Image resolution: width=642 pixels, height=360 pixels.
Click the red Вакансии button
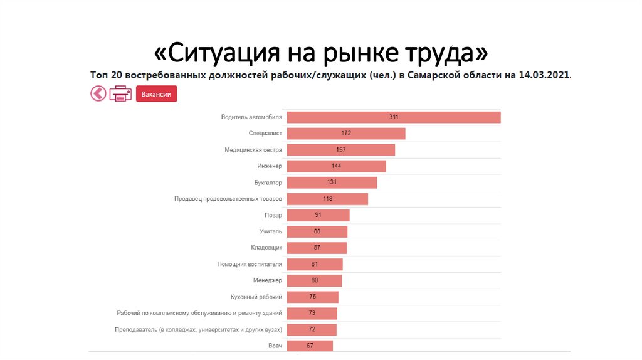(x=156, y=93)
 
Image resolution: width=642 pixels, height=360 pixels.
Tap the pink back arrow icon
(x=98, y=93)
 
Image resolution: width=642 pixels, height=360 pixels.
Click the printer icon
(x=120, y=93)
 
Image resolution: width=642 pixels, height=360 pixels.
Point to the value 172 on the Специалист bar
(x=346, y=134)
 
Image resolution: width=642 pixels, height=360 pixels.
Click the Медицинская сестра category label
(x=253, y=150)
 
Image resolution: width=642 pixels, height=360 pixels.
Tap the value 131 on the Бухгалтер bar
(x=332, y=183)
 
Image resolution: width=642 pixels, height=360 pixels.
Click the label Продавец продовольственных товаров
(x=228, y=199)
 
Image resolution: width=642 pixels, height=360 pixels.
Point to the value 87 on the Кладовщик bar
(x=317, y=248)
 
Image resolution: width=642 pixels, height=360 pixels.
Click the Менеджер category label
(x=268, y=280)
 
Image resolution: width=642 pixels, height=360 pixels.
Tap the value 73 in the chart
(x=312, y=313)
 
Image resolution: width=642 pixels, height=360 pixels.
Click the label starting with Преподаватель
(x=199, y=329)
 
